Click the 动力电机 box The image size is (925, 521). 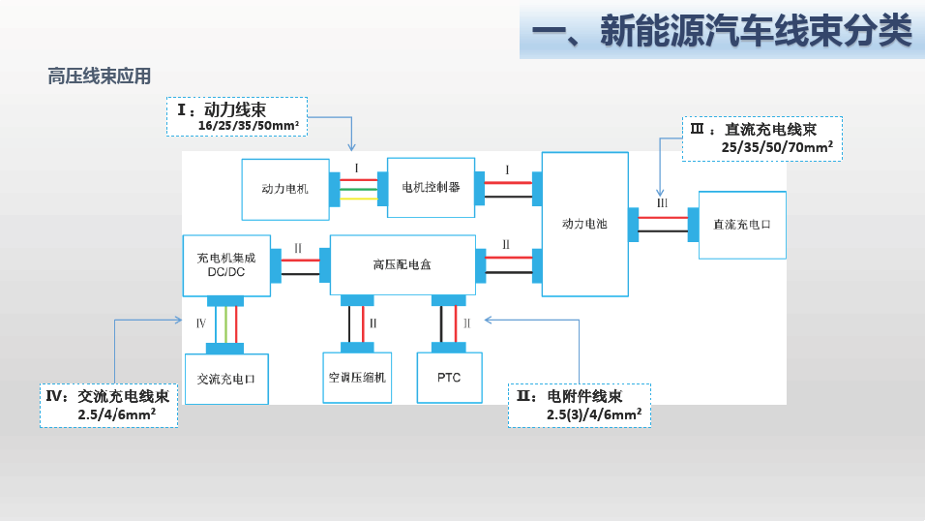coord(285,190)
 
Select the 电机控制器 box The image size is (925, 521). coord(432,188)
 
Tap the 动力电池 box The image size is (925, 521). coord(585,225)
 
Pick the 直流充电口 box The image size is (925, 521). coord(742,225)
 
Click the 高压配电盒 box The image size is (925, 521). coord(403,265)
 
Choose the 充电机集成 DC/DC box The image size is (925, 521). coord(227,265)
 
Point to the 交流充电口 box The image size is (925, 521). coord(227,380)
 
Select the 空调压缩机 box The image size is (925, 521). coord(357,378)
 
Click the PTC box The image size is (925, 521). coord(450,378)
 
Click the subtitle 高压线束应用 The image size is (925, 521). coord(99,77)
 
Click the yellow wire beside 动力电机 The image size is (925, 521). coord(359,199)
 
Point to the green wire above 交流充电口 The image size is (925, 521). coord(226,324)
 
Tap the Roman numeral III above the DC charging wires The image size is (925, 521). coord(663,203)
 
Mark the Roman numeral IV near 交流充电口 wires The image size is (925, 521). coord(201,323)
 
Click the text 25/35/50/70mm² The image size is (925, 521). coord(777,147)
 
